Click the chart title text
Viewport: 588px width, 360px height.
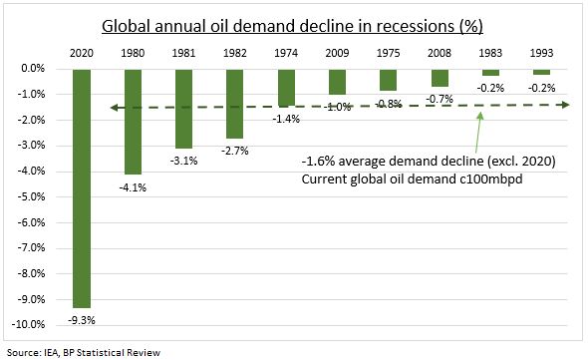[295, 25]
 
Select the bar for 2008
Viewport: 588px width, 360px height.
[440, 78]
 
